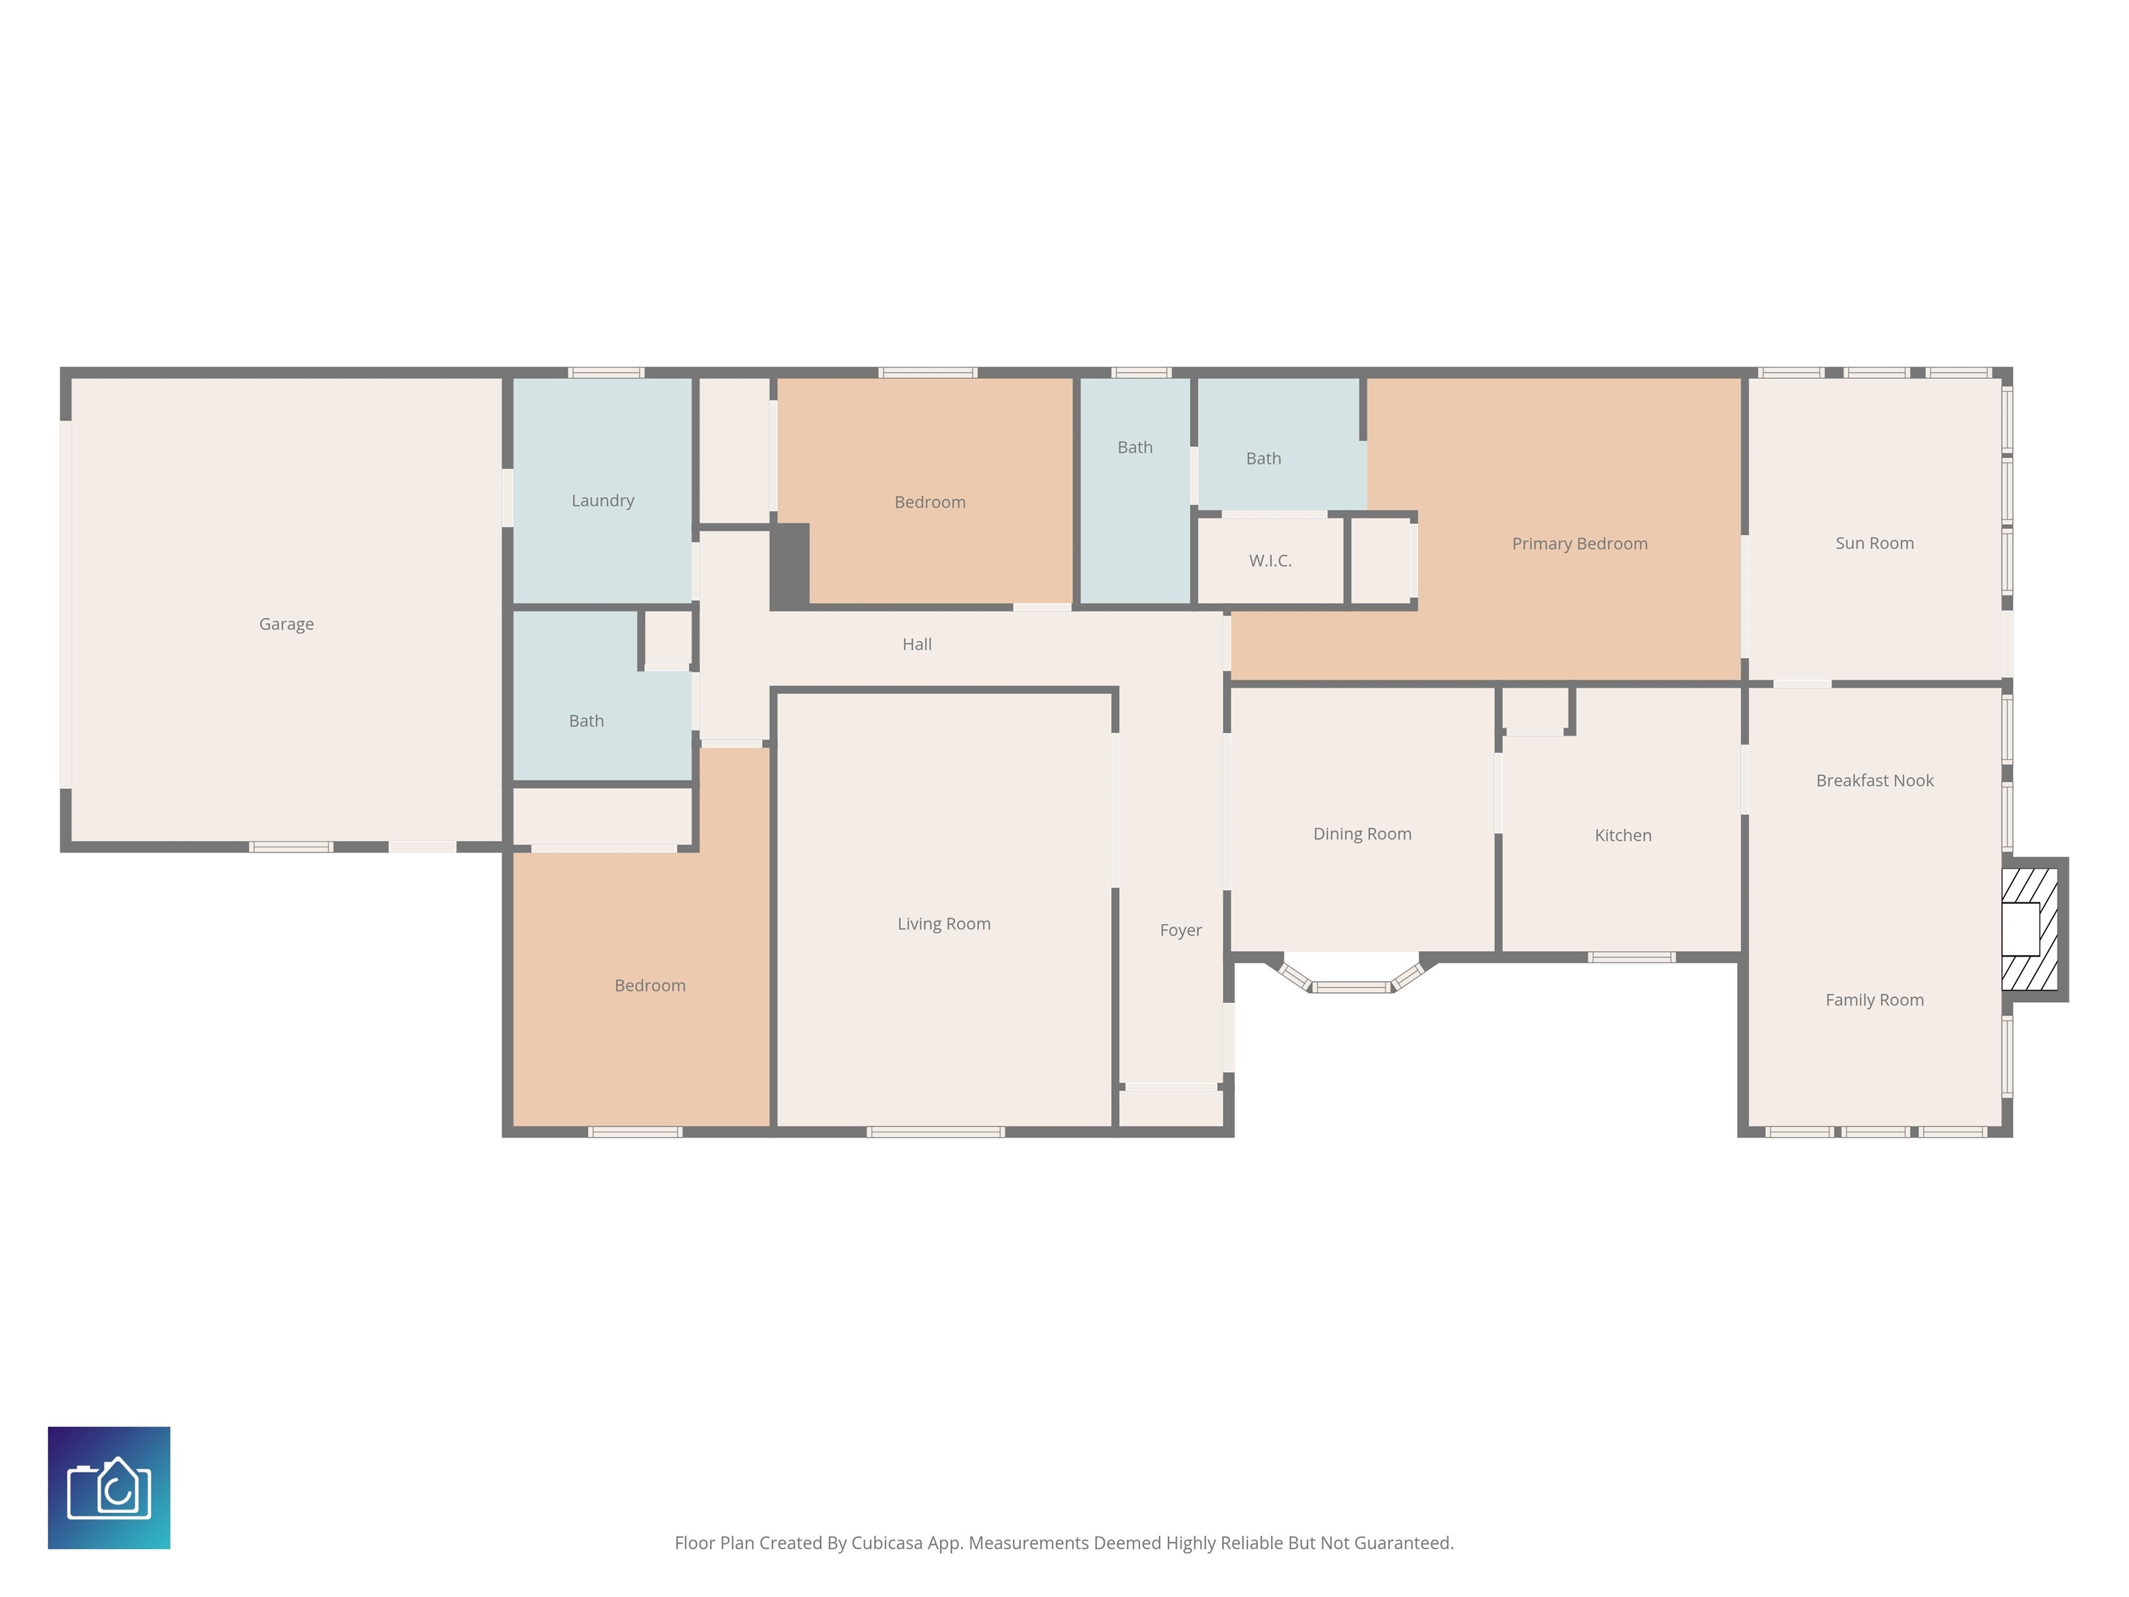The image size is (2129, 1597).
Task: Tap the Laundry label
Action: pos(602,500)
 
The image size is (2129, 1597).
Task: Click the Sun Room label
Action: pos(1873,543)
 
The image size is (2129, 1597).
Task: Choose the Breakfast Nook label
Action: pos(1874,780)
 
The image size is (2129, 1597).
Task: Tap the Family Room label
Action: pos(1874,1000)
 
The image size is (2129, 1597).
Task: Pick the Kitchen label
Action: pos(1622,835)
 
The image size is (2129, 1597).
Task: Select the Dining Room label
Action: pos(1361,834)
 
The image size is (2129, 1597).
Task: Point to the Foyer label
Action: pos(1180,930)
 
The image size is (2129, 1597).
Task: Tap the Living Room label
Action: pos(943,924)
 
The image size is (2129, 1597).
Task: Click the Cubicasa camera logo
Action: pos(109,1487)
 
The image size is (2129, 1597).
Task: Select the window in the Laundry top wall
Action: pos(606,372)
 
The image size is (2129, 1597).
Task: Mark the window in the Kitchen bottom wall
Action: pos(1631,957)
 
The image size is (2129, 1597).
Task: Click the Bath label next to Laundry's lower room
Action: pos(586,721)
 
